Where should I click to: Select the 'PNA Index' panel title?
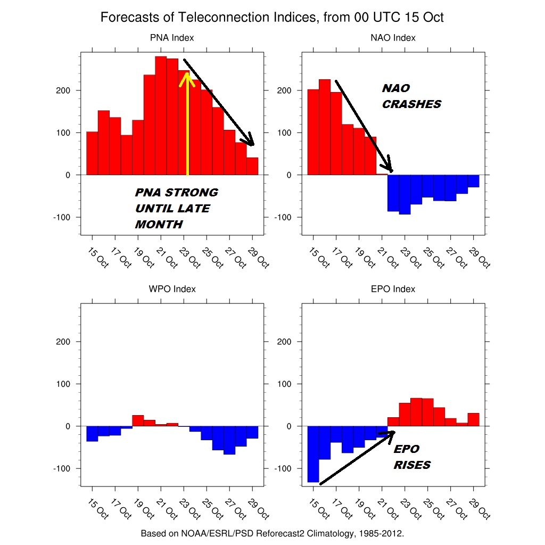[172, 38]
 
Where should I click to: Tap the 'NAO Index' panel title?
[393, 38]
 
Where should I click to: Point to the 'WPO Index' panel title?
[172, 289]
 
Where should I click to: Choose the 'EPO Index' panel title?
[393, 289]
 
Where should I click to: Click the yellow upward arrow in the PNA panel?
[187, 123]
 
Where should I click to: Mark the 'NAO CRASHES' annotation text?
[411, 96]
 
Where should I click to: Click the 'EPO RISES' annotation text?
[412, 457]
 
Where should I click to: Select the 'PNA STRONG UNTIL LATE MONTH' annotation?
[176, 208]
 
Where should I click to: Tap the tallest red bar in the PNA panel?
[161, 115]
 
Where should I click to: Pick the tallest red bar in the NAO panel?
[325, 127]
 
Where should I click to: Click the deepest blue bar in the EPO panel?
[313, 454]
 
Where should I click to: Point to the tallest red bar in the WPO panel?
[138, 420]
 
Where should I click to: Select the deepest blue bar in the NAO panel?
[404, 195]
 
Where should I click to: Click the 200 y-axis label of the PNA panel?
[63, 90]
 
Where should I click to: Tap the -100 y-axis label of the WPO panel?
[62, 468]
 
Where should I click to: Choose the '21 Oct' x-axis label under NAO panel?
[388, 258]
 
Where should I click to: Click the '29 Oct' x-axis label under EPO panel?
[480, 509]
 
